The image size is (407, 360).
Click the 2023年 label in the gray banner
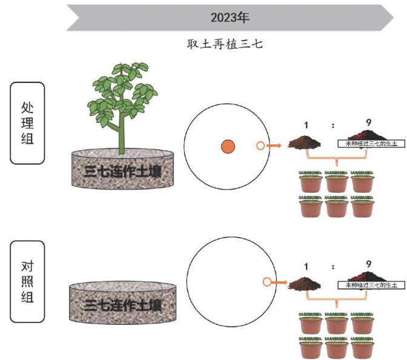(x=230, y=18)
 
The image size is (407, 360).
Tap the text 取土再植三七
(x=225, y=44)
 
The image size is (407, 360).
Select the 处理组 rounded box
(x=27, y=123)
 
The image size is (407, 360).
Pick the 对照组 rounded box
(x=27, y=281)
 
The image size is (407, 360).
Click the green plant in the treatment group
(x=121, y=103)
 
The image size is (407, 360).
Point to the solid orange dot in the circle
(x=228, y=146)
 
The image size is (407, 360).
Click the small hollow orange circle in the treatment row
(x=260, y=146)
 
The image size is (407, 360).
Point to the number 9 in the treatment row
(x=368, y=124)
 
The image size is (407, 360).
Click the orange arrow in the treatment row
(x=276, y=146)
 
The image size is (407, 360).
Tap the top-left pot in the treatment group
(x=312, y=181)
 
